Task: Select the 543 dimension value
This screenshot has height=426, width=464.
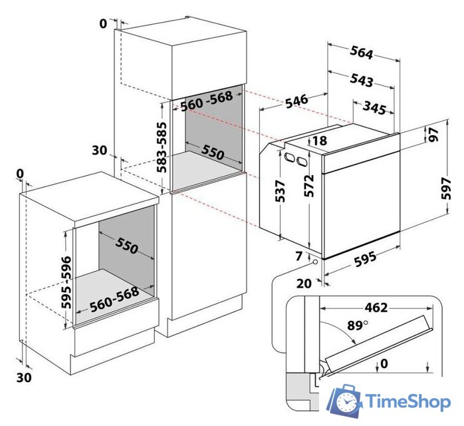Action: pos(361,80)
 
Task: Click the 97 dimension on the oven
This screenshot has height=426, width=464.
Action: pos(434,135)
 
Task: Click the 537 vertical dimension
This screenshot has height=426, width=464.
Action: pos(280,192)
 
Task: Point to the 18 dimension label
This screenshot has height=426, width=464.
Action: pos(319,140)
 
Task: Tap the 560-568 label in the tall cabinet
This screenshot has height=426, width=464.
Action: pos(207,99)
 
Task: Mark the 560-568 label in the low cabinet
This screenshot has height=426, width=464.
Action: pos(114,298)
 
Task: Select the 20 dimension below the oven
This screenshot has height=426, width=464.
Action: pos(304,283)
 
